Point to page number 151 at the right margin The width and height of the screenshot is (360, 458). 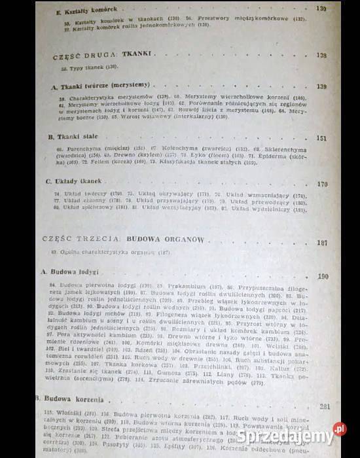pyautogui.click(x=320, y=139)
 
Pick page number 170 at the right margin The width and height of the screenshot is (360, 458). pyautogui.click(x=321, y=185)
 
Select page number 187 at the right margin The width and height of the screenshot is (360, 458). pyautogui.click(x=321, y=243)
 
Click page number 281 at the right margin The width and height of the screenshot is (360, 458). pyautogui.click(x=325, y=406)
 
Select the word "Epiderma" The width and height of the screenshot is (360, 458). pyautogui.click(x=258, y=157)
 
